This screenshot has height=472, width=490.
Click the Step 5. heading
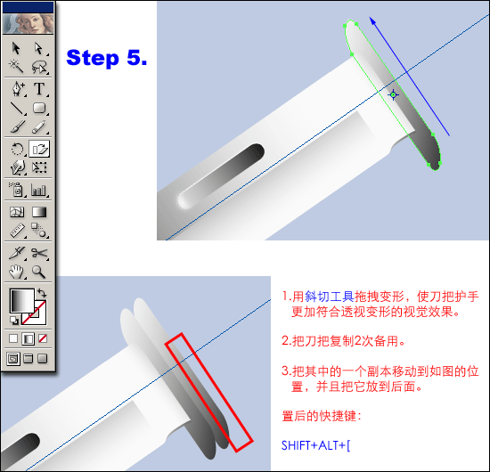[107, 58]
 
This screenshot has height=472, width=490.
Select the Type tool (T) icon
[39, 89]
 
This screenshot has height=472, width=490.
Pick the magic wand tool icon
[16, 66]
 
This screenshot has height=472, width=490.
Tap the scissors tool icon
[40, 253]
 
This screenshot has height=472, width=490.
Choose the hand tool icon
[16, 272]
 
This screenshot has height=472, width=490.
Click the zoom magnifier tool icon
[38, 272]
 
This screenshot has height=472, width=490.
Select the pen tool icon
[18, 89]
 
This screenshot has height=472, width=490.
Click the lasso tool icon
[39, 67]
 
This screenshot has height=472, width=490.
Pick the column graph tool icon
[38, 191]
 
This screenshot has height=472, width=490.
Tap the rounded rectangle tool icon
[39, 108]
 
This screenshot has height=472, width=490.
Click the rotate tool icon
[17, 149]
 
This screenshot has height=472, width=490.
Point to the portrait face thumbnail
[29, 24]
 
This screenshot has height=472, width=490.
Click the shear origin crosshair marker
[393, 94]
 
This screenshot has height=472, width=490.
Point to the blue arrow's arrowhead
[372, 21]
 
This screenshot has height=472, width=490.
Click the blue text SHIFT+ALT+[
[315, 445]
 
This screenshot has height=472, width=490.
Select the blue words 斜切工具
[330, 297]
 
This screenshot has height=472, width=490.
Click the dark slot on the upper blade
[221, 175]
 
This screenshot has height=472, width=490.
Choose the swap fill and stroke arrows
[42, 293]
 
